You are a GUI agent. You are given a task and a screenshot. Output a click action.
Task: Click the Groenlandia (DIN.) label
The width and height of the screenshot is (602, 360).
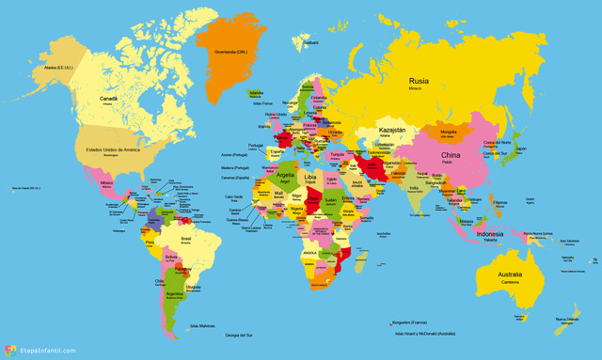point(230,51)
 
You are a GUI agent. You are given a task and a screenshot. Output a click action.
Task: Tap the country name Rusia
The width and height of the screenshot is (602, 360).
point(420,81)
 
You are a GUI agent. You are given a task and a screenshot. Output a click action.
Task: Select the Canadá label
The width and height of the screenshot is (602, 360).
point(110,99)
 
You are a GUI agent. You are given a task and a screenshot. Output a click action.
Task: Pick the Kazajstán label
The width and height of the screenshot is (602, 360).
point(391,129)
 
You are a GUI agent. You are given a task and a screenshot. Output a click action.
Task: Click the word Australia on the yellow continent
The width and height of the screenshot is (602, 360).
point(511,274)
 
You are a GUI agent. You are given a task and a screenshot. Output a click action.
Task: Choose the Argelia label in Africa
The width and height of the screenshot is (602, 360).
point(284,176)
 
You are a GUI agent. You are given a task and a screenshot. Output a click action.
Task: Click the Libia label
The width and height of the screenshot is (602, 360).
point(310,177)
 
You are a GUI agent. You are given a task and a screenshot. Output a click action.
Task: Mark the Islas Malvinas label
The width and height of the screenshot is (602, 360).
point(202,326)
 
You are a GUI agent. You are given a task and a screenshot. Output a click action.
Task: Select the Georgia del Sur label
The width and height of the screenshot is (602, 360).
point(239,335)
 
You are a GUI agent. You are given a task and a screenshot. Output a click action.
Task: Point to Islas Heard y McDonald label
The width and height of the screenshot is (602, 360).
point(424,334)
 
